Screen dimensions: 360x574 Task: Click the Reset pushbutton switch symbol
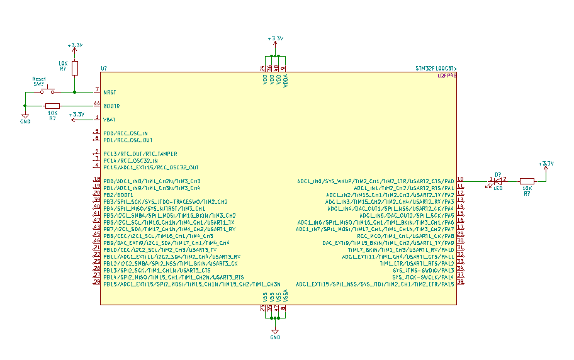coord(43,92)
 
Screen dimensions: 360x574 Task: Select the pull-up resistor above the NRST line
coord(75,68)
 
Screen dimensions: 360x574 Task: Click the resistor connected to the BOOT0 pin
coord(52,106)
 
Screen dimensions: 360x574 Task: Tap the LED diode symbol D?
coord(498,181)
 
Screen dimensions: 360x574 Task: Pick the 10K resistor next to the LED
coord(526,181)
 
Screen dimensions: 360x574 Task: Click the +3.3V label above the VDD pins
coord(275,39)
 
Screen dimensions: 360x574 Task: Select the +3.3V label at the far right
coord(546,164)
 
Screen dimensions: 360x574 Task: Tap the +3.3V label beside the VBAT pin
coord(77,115)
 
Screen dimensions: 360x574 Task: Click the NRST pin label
coord(110,93)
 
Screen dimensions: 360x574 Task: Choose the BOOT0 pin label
coord(111,106)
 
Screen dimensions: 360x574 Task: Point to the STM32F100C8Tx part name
coord(436,68)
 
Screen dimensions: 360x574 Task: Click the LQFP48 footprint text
coord(446,76)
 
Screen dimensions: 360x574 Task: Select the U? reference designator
coord(104,68)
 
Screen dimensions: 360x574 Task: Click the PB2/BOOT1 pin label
coord(118,195)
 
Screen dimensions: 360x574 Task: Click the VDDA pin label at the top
coord(286,81)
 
